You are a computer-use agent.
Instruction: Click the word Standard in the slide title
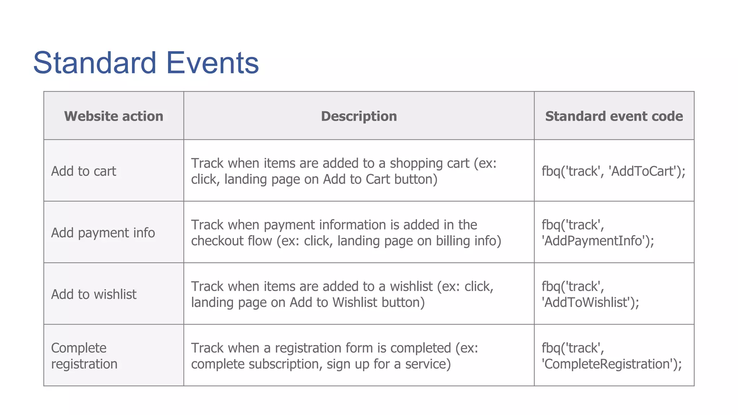[94, 63]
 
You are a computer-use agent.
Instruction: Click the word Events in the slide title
[212, 63]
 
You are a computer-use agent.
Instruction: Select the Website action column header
[114, 116]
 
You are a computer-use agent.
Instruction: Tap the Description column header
[359, 116]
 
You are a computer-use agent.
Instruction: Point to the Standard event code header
[614, 116]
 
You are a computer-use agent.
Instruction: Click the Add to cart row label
[84, 171]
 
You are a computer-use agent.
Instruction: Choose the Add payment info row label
[103, 233]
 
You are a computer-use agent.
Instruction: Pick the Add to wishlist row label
[94, 294]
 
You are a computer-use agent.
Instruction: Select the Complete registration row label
[84, 356]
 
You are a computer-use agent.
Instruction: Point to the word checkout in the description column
[214, 241]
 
